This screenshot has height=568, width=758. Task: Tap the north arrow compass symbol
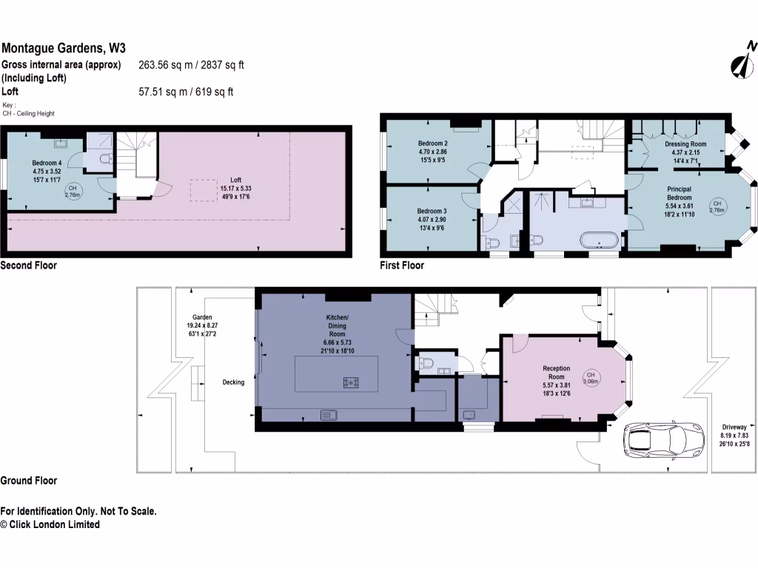(742, 62)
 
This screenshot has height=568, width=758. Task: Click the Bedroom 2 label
(432, 151)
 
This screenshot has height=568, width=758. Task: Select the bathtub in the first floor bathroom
(600, 240)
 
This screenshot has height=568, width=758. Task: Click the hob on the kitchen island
(351, 382)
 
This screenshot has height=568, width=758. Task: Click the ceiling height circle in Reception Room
(590, 378)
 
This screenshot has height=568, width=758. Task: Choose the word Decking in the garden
(233, 382)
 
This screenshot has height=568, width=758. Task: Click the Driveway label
(734, 435)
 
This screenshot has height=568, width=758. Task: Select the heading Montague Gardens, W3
(64, 48)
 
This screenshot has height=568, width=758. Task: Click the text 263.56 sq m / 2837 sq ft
(191, 65)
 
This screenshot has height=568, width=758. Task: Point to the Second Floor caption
(28, 265)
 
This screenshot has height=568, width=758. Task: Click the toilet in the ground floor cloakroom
(427, 362)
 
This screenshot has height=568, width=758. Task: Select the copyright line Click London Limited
(50, 524)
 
